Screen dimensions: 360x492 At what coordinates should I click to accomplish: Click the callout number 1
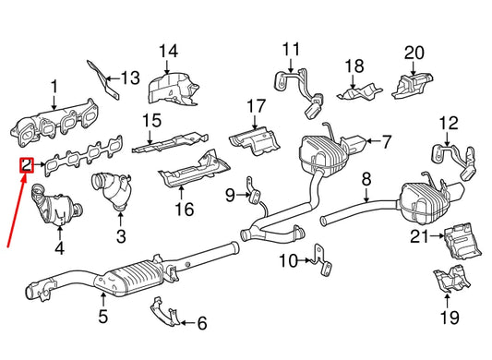point(53,88)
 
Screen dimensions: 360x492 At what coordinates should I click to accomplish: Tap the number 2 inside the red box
point(27,166)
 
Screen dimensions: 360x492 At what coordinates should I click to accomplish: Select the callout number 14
point(167,52)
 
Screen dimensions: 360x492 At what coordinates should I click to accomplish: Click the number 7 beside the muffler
point(387,142)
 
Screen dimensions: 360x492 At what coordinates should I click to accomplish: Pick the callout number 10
point(288,261)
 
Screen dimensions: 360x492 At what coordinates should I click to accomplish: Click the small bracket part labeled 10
point(318,258)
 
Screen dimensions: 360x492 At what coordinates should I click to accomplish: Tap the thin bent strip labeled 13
point(103,78)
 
